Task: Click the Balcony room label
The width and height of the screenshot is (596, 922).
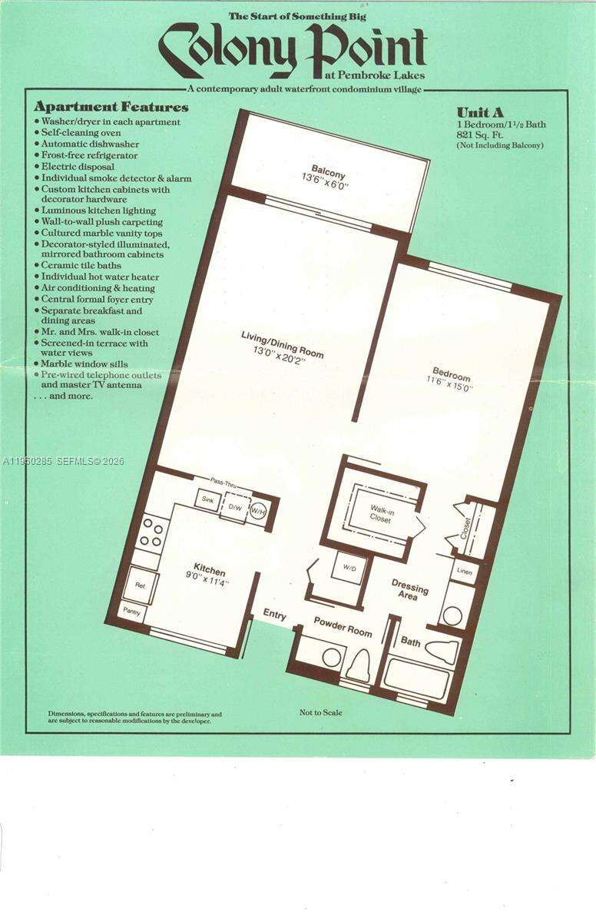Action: tap(328, 171)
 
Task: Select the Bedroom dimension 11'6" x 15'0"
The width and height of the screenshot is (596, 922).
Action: tap(449, 383)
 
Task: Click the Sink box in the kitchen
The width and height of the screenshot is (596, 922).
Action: tap(207, 499)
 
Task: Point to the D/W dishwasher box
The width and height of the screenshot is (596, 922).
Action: tap(236, 508)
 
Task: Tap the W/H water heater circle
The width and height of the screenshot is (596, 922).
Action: tap(259, 512)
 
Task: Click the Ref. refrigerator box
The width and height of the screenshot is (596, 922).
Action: tap(141, 585)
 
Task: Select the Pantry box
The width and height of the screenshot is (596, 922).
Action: tap(131, 612)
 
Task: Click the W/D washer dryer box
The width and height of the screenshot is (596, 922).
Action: tap(349, 569)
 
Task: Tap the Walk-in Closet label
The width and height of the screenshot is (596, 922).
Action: tap(381, 515)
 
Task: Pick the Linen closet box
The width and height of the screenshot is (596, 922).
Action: tap(465, 572)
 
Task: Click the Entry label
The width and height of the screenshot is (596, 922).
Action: tap(274, 615)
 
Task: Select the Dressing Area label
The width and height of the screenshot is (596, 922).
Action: tap(409, 589)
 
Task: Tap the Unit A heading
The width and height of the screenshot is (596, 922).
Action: tap(480, 112)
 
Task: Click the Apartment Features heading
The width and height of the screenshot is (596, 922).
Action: tap(111, 107)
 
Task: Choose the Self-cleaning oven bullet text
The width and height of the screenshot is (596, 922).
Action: tap(81, 133)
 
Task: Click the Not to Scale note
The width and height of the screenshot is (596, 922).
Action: tap(321, 712)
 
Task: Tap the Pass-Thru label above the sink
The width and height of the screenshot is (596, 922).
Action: tap(223, 482)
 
